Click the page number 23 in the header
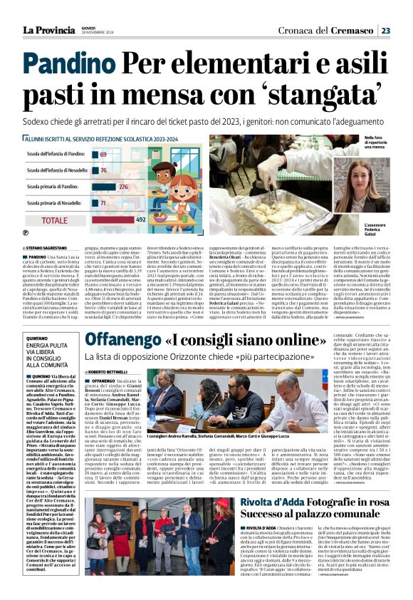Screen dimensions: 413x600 tap(385, 30)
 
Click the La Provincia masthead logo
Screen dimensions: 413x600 tap(48, 30)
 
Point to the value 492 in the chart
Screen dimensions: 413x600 tap(140, 220)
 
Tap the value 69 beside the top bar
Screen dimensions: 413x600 tap(104, 154)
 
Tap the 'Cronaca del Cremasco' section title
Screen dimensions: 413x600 tap(335, 30)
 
